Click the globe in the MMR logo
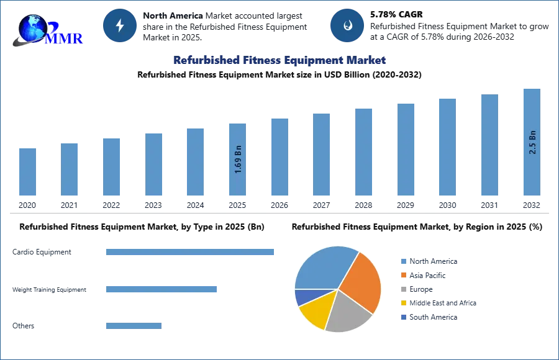click(32, 28)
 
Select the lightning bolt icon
click(120, 25)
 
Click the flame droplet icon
click(347, 25)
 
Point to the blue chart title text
click(278, 60)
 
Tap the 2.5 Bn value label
click(532, 142)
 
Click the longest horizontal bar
click(191, 253)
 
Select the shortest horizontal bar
click(134, 327)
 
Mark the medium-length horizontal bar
click(161, 289)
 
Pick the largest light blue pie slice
click(323, 267)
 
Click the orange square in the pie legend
click(403, 274)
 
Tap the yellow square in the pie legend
click(403, 303)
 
